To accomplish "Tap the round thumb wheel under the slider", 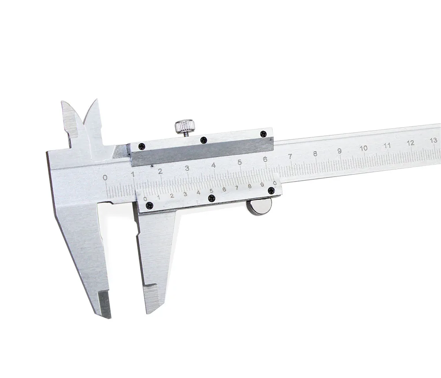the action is tap(259, 208).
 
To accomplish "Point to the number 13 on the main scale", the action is tap(434, 140).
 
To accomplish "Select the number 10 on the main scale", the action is tap(364, 148).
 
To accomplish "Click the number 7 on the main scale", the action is tap(290, 157).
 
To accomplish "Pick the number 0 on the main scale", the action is tap(105, 177).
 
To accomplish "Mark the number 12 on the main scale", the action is tap(411, 143).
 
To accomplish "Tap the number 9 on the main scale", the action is tap(340, 151).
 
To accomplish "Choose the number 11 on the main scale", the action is tap(387, 145).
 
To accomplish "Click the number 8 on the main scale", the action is tap(315, 154).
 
